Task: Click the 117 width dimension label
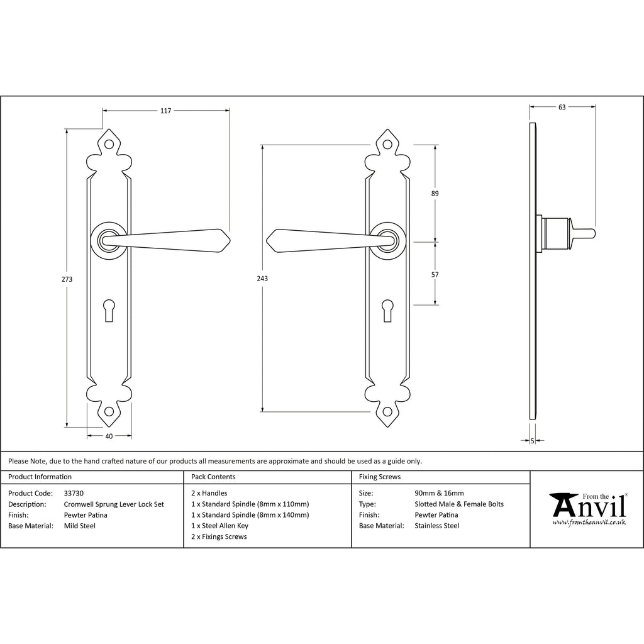pyautogui.click(x=165, y=111)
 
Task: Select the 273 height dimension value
pyautogui.click(x=67, y=279)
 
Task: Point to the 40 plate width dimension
pyautogui.click(x=109, y=436)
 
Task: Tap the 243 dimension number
pyautogui.click(x=262, y=279)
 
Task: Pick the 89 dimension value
pyautogui.click(x=435, y=194)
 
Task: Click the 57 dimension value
pyautogui.click(x=435, y=275)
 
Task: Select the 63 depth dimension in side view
pyautogui.click(x=562, y=107)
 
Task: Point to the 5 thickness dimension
pyautogui.click(x=533, y=441)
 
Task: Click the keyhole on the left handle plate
pyautogui.click(x=109, y=311)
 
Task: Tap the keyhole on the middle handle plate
pyautogui.click(x=387, y=311)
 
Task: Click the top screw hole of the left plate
pyautogui.click(x=109, y=145)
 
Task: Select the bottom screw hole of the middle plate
pyautogui.click(x=387, y=411)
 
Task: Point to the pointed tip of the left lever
pyautogui.click(x=230, y=241)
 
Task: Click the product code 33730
pyautogui.click(x=74, y=493)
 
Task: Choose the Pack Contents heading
pyautogui.click(x=213, y=477)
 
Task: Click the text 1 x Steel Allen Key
pyautogui.click(x=219, y=526)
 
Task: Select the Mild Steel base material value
pyautogui.click(x=80, y=526)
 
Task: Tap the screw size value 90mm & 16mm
pyautogui.click(x=439, y=493)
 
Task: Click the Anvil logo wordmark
pyautogui.click(x=588, y=505)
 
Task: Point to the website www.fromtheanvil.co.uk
pyautogui.click(x=589, y=523)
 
